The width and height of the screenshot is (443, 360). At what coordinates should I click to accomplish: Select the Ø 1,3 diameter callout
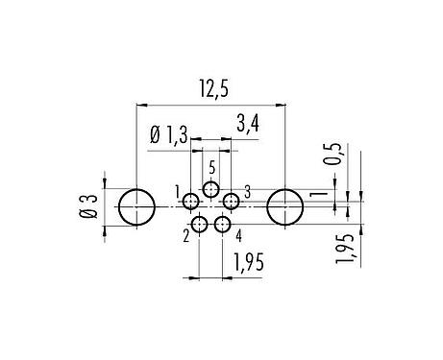(x=168, y=136)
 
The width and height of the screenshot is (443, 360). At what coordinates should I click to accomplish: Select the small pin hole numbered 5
(x=211, y=188)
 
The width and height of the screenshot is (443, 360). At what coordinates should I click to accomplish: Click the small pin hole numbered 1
(x=191, y=202)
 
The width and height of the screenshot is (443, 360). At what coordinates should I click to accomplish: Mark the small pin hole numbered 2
(x=199, y=225)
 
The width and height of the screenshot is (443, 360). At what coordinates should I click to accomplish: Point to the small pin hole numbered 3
(x=231, y=202)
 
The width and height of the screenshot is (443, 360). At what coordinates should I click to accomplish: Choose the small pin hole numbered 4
(x=223, y=225)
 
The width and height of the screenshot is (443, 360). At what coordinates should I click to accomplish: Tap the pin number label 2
(x=185, y=233)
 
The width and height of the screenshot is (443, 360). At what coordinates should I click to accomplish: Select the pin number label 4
(x=237, y=233)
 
